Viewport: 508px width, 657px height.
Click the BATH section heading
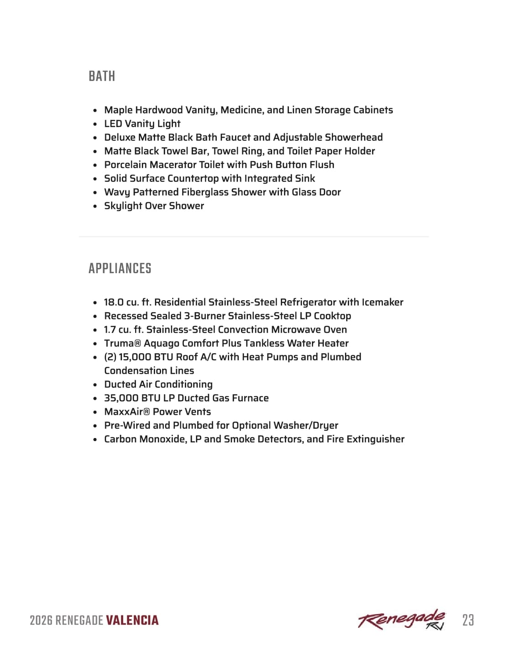pyautogui.click(x=102, y=76)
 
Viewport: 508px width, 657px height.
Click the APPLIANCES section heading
pyautogui.click(x=120, y=268)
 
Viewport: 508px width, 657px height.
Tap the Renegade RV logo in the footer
pyautogui.click(x=402, y=620)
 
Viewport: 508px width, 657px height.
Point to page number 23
pyautogui.click(x=468, y=620)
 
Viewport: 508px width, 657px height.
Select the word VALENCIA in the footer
pyautogui.click(x=132, y=620)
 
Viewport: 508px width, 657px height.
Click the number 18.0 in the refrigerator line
pyautogui.click(x=114, y=302)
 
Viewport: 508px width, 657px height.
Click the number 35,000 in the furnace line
pyautogui.click(x=121, y=398)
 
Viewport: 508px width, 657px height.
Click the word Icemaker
pyautogui.click(x=382, y=302)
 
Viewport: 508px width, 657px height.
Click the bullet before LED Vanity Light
pyautogui.click(x=95, y=124)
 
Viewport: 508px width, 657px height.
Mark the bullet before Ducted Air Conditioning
pyautogui.click(x=95, y=385)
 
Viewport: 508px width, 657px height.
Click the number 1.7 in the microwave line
pyautogui.click(x=110, y=329)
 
